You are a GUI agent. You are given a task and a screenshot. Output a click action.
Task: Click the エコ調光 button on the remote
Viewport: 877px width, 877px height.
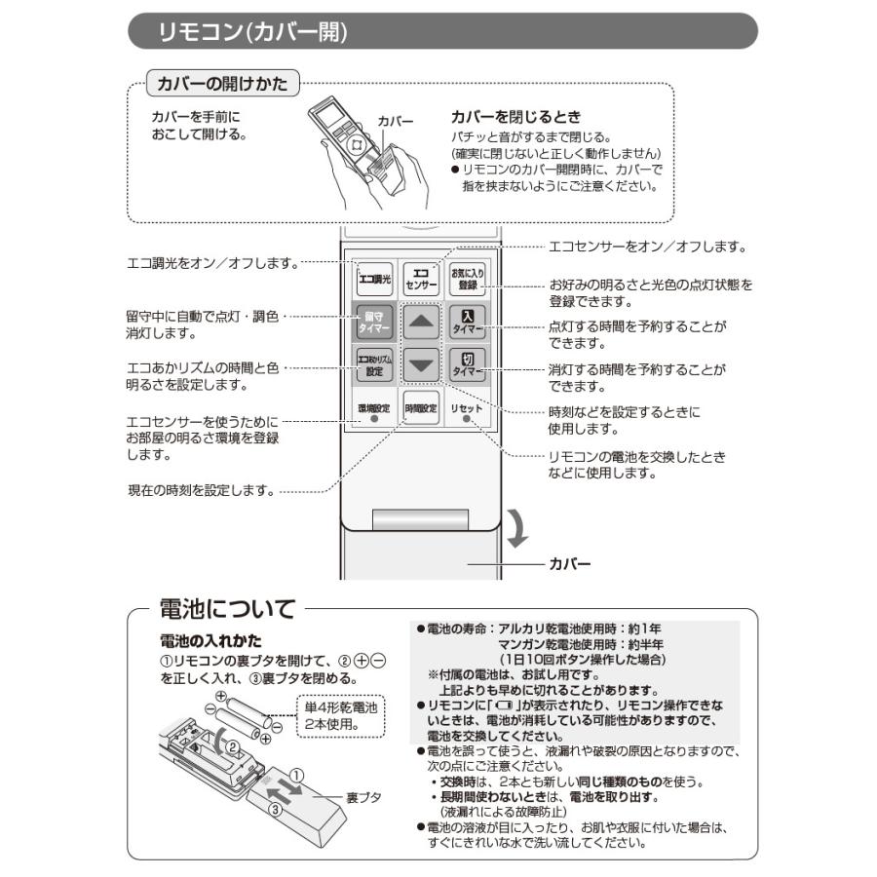point(373,280)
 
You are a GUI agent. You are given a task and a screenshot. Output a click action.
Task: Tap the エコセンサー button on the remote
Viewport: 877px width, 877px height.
point(421,280)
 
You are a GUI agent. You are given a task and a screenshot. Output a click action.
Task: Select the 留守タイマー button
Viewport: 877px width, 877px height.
point(373,323)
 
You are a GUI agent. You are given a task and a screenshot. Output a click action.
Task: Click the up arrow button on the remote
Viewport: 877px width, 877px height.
point(421,323)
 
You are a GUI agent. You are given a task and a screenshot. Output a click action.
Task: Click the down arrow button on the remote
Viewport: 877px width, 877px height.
point(421,365)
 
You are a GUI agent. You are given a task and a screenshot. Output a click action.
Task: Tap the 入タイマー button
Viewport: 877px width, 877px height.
point(468,323)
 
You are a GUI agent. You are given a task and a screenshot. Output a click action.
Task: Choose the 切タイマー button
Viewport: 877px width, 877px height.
point(468,365)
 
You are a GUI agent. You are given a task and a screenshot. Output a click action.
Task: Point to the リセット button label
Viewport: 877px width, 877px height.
point(467,407)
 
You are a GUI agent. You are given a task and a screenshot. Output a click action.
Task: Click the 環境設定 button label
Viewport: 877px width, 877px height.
point(373,407)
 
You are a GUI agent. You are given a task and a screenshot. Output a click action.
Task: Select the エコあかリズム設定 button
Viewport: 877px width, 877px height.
point(373,365)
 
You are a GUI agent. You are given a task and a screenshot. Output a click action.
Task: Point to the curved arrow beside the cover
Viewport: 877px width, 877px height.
point(517,526)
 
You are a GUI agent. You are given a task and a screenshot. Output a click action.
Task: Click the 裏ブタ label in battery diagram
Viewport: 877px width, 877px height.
point(363,797)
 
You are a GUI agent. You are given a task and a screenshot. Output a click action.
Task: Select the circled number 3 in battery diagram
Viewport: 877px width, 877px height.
point(276,808)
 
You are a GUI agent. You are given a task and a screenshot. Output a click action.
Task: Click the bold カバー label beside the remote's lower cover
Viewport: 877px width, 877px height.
point(570,563)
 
